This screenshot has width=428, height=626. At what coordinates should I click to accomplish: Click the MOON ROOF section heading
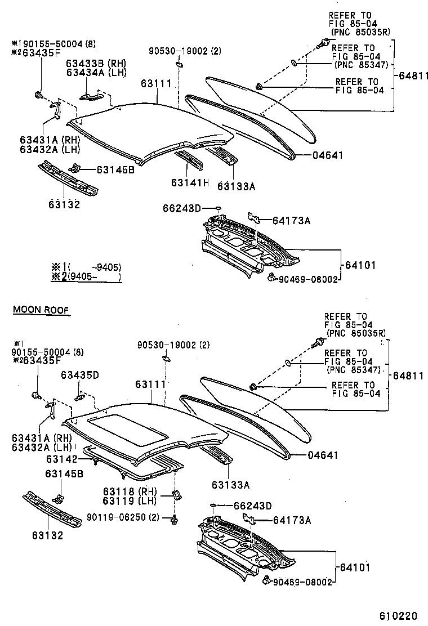[x=41, y=309]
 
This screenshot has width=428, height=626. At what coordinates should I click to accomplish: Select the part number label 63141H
[x=190, y=183]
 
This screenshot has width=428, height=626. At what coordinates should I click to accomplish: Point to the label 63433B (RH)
[x=96, y=63]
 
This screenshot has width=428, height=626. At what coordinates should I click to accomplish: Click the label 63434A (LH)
[x=96, y=72]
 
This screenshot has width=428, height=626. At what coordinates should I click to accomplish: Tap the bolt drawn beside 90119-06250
[x=174, y=518]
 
